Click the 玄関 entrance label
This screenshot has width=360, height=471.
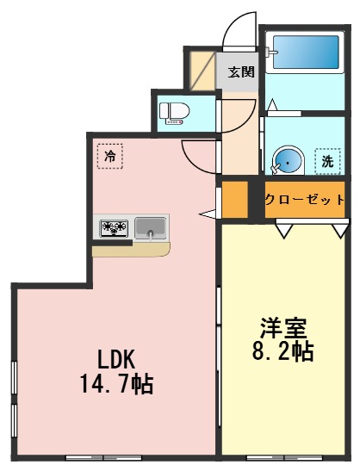click(x=240, y=72)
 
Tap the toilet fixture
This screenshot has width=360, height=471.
click(x=175, y=112)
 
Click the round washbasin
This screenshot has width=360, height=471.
click(x=288, y=160)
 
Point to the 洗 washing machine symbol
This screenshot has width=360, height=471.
click(x=327, y=159)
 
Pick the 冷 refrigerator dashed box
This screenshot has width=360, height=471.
click(x=109, y=156)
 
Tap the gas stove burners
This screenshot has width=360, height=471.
click(x=115, y=229)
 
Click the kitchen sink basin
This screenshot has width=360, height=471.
click(x=151, y=228)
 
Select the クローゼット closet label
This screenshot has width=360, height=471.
click(x=304, y=199)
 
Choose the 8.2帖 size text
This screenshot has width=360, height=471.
click(x=282, y=351)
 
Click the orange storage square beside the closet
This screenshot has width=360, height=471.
click(x=235, y=199)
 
